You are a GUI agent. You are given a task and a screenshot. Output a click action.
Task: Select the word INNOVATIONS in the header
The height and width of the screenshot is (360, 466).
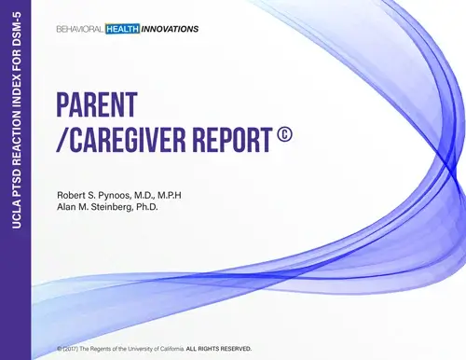(x=169, y=29)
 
